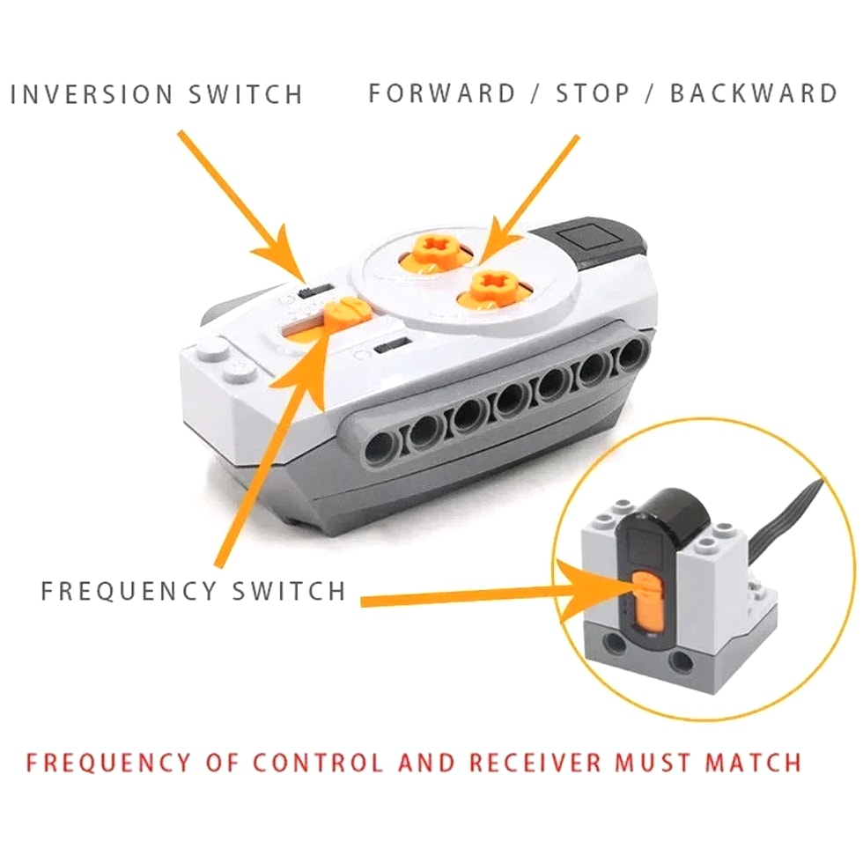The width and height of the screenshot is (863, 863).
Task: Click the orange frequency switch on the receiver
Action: pos(647,599)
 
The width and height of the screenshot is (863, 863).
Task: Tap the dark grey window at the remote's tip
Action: pos(592,240)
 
